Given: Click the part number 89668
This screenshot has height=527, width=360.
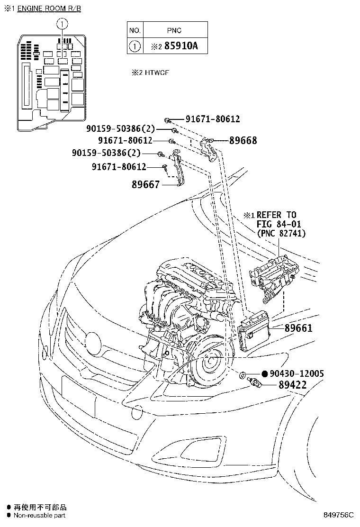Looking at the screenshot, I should tap(243, 140).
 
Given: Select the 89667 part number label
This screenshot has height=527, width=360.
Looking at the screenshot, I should tap(145, 185).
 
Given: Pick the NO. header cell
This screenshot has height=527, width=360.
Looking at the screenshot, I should tap(135, 30).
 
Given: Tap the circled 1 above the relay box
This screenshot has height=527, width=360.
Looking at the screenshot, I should tap(62, 23).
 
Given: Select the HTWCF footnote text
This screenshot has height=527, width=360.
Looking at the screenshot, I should tap(151, 73).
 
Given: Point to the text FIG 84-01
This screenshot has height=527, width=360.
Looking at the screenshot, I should tap(279, 224).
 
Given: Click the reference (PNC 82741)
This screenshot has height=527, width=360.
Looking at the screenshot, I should tap(281, 233).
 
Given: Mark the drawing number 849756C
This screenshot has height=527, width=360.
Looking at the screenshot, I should tap(339, 515).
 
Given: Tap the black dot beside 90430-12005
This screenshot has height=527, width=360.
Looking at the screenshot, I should tap(265, 374).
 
